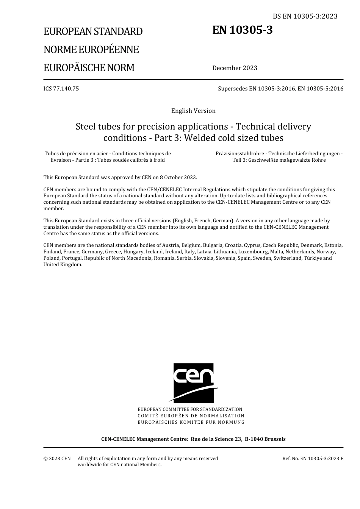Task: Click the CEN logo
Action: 194,383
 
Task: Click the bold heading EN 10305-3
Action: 242,30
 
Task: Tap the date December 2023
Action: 235,68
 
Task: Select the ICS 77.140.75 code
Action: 61,89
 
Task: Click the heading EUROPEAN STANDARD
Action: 93,31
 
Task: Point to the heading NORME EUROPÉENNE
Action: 91,50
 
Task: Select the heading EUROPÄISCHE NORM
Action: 89,68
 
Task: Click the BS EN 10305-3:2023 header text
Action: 305,16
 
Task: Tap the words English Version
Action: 193,111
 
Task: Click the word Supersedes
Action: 233,89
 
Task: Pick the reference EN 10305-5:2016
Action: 321,89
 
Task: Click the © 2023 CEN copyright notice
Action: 57,459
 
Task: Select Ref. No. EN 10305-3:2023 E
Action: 313,459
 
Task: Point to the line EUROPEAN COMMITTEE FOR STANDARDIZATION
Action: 190,409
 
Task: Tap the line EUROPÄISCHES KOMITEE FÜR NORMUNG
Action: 191,422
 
